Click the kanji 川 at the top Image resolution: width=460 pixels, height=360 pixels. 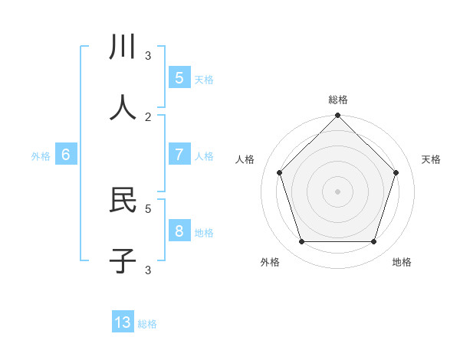click(123, 47)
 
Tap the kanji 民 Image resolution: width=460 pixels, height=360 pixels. click(123, 200)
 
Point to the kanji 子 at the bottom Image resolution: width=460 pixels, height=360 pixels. click(123, 261)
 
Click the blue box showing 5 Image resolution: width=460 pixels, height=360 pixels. click(179, 77)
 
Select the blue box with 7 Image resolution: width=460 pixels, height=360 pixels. click(179, 154)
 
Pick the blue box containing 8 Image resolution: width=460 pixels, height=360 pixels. click(179, 231)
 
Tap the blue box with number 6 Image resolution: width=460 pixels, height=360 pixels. click(66, 154)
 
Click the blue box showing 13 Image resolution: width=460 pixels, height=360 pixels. click(123, 322)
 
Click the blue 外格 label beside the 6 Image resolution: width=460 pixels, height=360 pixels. click(41, 156)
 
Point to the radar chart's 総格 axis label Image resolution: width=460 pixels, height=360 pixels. click(337, 100)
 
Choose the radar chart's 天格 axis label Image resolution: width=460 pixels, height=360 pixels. click(431, 159)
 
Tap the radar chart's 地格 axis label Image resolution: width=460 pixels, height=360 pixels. click(402, 262)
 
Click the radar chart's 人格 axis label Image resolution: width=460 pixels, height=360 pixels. click(245, 159)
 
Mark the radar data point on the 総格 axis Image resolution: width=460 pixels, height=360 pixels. click(337, 116)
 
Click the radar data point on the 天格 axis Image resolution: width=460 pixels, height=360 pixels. click(396, 172)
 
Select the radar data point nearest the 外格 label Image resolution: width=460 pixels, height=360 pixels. click(301, 242)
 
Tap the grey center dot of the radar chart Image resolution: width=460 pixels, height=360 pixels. click(337, 191)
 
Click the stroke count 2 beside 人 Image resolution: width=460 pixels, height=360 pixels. click(148, 116)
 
